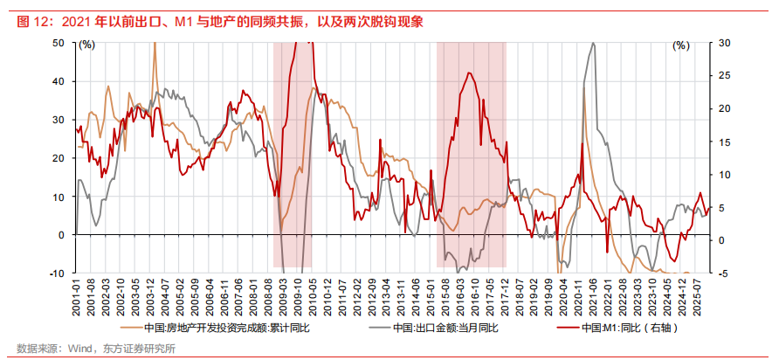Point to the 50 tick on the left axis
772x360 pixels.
coord(59,42)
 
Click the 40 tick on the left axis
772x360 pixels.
coord(59,80)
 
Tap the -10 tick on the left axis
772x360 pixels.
coord(57,273)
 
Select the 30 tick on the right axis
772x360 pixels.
coord(725,42)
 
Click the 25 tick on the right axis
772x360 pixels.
coord(725,75)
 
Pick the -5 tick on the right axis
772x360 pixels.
coord(724,273)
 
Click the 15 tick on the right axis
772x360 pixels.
coord(725,141)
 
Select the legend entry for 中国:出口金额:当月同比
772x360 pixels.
coord(445,329)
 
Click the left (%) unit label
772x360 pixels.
coord(86,44)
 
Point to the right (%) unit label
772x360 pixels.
coord(680,45)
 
